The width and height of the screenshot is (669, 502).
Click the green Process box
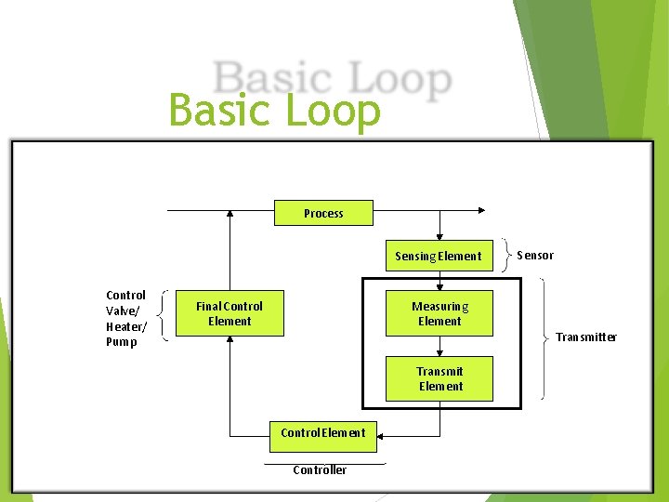(x=323, y=213)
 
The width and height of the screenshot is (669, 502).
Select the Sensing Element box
(x=439, y=256)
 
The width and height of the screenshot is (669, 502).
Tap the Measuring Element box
(x=439, y=314)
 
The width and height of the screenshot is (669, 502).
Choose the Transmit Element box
(x=439, y=379)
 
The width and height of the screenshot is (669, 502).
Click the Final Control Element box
(x=230, y=314)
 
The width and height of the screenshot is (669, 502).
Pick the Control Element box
(x=323, y=433)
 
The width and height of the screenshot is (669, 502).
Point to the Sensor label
(x=535, y=255)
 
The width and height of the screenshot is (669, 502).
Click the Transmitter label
(x=586, y=337)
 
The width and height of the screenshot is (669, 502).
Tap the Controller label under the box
(x=320, y=469)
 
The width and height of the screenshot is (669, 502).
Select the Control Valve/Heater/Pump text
(x=126, y=319)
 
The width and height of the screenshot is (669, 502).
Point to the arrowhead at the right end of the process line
(x=479, y=211)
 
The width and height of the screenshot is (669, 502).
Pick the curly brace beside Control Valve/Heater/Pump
(x=164, y=313)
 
